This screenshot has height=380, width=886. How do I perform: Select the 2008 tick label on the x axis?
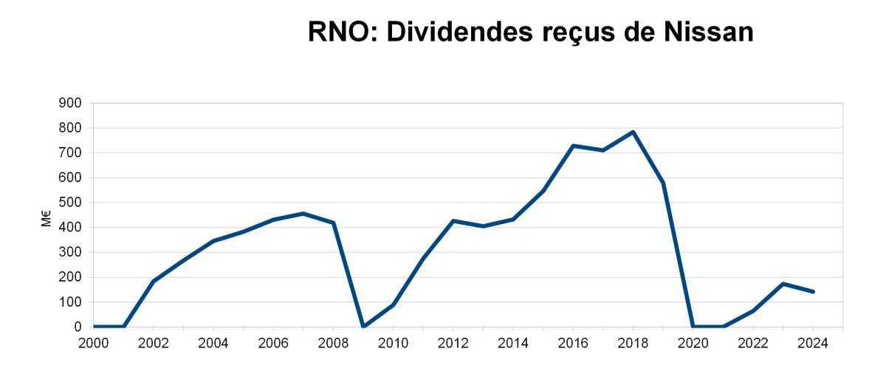(x=333, y=342)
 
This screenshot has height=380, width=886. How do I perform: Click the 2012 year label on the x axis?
(x=453, y=342)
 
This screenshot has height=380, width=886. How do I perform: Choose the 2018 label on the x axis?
(x=633, y=342)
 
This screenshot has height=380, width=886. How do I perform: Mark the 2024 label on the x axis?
(x=813, y=342)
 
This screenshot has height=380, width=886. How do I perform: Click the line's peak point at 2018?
(x=633, y=132)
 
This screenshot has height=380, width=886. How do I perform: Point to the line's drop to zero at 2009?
(x=363, y=326)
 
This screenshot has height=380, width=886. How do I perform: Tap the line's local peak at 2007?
(x=303, y=214)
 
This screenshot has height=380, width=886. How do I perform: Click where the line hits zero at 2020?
(x=693, y=326)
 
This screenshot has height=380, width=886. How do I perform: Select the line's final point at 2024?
(x=813, y=291)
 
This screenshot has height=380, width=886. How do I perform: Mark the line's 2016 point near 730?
(x=573, y=146)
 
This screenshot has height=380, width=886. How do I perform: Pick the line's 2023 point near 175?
(x=783, y=283)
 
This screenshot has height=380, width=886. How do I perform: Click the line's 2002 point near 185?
(x=153, y=281)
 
